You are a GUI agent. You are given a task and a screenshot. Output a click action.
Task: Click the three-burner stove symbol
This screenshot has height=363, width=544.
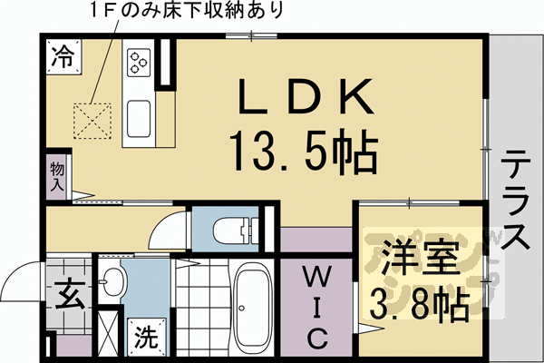coord(139,61)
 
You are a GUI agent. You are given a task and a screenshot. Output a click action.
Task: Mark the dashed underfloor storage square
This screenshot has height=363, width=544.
coord(92,119)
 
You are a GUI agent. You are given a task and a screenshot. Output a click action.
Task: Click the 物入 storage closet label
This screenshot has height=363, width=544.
coord(57,174)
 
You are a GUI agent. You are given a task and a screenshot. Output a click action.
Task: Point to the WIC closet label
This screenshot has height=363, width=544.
coord(315,307)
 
